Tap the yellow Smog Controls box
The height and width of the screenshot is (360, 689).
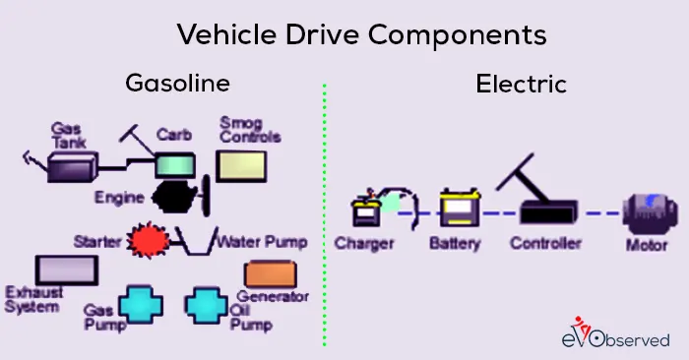(240, 163)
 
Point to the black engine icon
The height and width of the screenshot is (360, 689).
(175, 198)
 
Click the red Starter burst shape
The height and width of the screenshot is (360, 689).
(148, 239)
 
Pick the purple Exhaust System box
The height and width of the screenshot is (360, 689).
(67, 270)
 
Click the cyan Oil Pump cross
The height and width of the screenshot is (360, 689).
(206, 305)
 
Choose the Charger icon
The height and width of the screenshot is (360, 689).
(367, 210)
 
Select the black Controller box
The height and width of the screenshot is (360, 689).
(546, 213)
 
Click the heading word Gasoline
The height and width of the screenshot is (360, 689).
(177, 84)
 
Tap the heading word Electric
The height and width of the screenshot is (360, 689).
(521, 84)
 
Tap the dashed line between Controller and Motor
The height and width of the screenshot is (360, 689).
(600, 213)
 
